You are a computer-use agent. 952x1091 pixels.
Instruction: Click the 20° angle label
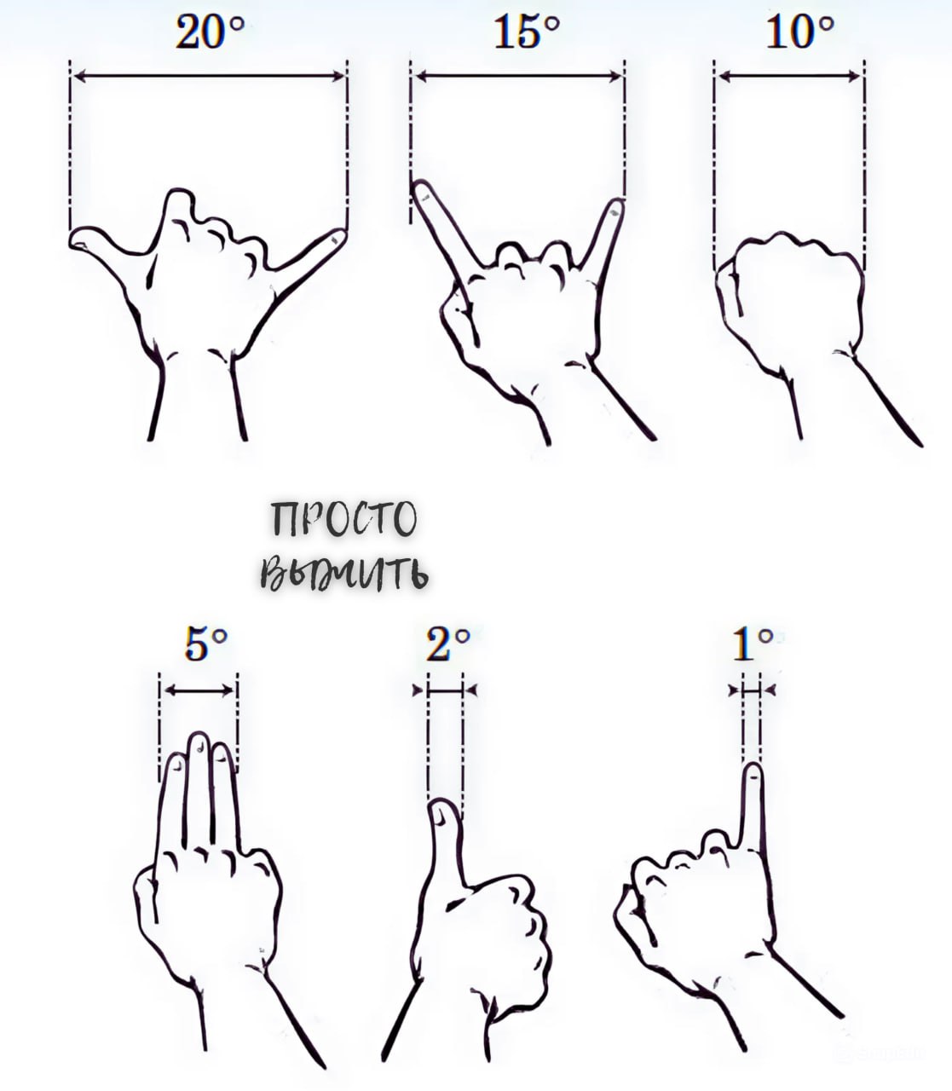[x=210, y=32]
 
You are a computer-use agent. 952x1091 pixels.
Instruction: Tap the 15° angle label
[x=527, y=32]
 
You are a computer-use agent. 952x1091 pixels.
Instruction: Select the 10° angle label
[x=799, y=32]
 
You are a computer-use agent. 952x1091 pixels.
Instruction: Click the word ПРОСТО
[x=343, y=519]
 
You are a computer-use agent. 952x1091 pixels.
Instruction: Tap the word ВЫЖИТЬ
[x=344, y=573]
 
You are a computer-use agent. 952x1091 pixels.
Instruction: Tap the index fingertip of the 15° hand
[x=420, y=187]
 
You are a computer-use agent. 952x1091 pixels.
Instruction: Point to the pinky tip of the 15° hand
[x=617, y=205]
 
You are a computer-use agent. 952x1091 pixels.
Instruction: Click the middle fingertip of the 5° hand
[x=199, y=739]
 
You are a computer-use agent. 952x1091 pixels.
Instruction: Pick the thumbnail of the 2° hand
[x=441, y=814]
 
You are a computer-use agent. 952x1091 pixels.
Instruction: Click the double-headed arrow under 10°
[x=789, y=77]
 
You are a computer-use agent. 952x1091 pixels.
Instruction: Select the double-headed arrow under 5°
[x=199, y=690]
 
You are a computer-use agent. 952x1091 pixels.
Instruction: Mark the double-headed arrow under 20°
[x=209, y=77]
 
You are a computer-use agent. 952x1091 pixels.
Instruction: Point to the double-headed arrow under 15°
[x=518, y=77]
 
